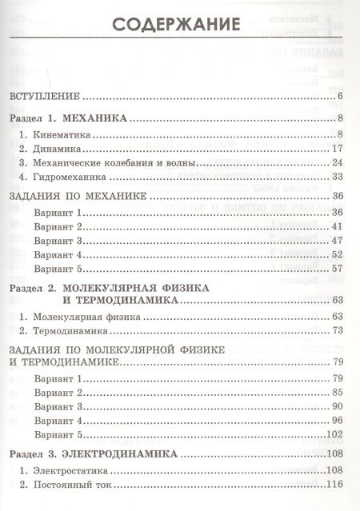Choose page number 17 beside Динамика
coord(336,148)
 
